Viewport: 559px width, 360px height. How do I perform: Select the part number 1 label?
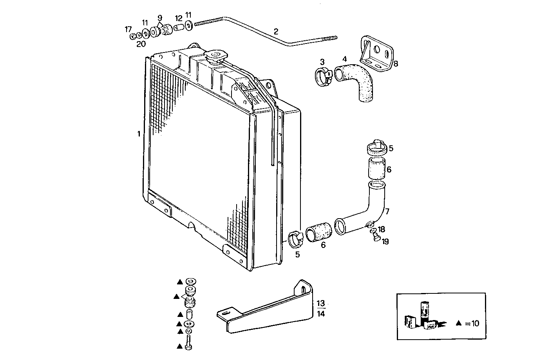tap(138, 134)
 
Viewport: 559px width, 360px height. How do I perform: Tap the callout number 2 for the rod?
tap(276, 31)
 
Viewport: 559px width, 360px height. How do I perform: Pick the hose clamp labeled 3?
tap(324, 76)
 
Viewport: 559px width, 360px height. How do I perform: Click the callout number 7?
tap(387, 212)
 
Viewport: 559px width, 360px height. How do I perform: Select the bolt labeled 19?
tap(376, 237)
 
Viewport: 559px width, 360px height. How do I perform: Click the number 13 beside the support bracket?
tap(320, 303)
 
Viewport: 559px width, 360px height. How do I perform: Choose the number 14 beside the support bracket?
tap(320, 313)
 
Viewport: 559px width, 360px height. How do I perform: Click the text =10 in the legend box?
tap(472, 324)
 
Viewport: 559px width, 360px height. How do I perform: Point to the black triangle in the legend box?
tap(459, 324)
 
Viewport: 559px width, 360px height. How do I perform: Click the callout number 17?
tap(128, 29)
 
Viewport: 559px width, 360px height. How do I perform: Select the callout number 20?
tap(141, 44)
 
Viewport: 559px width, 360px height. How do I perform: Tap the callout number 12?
tap(178, 18)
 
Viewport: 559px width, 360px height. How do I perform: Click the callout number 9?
tap(160, 18)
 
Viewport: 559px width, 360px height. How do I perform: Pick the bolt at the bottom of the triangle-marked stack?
tap(189, 342)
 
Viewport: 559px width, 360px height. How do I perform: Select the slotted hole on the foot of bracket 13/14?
tap(225, 313)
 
